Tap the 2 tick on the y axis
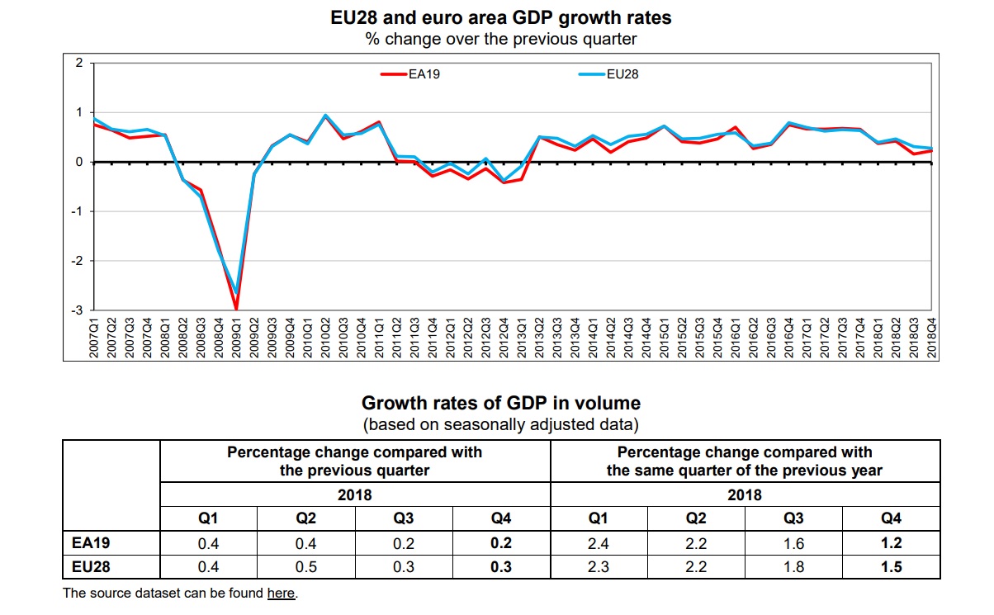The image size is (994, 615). pyautogui.click(x=79, y=63)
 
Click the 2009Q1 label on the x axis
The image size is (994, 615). pyautogui.click(x=238, y=338)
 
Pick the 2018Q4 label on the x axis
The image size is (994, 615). pyautogui.click(x=931, y=338)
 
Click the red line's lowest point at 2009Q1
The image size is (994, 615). pyautogui.click(x=237, y=309)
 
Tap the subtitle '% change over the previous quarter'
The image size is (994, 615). pyautogui.click(x=501, y=38)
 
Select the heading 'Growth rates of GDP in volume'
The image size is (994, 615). pyautogui.click(x=501, y=403)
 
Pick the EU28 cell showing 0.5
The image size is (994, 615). pyautogui.click(x=306, y=567)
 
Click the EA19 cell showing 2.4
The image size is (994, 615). pyautogui.click(x=599, y=542)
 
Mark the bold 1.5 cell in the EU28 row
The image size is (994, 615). pyautogui.click(x=891, y=567)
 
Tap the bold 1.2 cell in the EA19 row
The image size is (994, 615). pyautogui.click(x=891, y=542)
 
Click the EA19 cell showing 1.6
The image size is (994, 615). pyautogui.click(x=793, y=542)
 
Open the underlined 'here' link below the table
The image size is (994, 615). pyautogui.click(x=281, y=593)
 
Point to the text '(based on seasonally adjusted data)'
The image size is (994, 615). pyautogui.click(x=501, y=424)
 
